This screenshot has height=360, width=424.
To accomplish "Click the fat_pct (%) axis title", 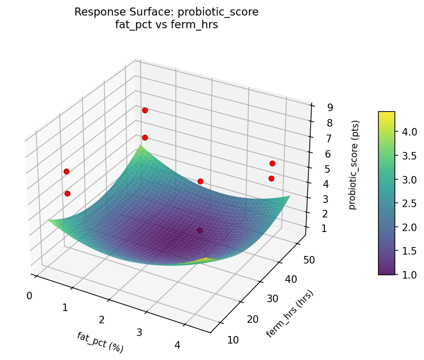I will tap(100, 342).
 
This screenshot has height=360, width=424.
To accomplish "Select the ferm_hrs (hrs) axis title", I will tap(290, 313).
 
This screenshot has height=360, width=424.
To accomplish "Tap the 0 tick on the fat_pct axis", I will tap(29, 296).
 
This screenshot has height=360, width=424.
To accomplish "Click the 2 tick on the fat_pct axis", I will tap(102, 320).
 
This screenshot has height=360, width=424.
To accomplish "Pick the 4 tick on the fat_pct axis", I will tap(177, 345).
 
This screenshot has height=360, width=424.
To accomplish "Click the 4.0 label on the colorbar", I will tap(409, 132).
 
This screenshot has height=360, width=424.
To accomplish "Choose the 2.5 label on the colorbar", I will tap(409, 203).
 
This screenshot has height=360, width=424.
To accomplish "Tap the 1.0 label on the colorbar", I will tap(409, 274).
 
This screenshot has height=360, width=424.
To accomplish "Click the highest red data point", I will tap(145, 110).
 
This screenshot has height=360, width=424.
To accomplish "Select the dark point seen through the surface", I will tap(200, 230).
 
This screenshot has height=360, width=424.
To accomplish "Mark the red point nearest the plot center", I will tap(200, 181).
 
